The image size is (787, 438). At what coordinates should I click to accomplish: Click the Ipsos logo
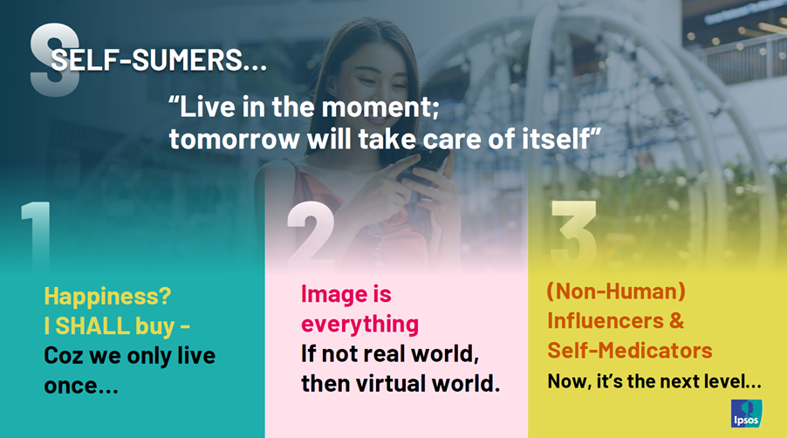tap(746, 414)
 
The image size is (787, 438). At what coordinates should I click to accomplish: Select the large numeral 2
tap(311, 236)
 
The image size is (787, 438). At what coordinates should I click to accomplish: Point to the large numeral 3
tap(574, 236)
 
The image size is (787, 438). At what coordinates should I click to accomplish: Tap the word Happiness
tap(107, 296)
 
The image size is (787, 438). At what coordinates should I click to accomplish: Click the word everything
tap(359, 324)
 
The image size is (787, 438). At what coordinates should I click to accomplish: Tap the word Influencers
tap(606, 320)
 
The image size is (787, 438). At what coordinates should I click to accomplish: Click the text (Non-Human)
tap(616, 291)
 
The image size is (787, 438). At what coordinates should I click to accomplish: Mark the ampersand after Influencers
tap(676, 320)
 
